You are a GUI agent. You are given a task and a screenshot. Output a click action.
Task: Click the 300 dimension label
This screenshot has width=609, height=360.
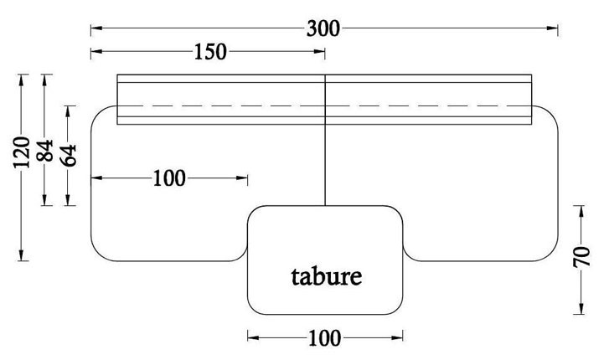coord(323,28)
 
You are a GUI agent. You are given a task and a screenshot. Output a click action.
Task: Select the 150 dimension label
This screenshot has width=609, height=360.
coord(209,52)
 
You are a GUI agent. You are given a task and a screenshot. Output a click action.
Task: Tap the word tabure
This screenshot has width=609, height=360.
coord(328,275)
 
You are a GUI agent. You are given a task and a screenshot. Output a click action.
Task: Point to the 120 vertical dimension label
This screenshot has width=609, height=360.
coord(23,152)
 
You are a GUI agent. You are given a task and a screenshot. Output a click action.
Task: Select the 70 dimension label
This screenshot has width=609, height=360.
coord(581,257)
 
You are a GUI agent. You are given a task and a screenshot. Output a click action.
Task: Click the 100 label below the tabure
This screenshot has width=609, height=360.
coord(324,338)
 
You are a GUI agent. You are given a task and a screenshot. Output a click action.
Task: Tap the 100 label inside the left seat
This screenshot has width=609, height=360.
coord(169,178)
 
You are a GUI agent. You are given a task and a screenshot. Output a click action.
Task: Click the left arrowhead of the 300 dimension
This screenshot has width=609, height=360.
coord(95,28)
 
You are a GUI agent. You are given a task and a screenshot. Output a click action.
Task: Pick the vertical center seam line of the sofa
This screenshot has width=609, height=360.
coord(325,159)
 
